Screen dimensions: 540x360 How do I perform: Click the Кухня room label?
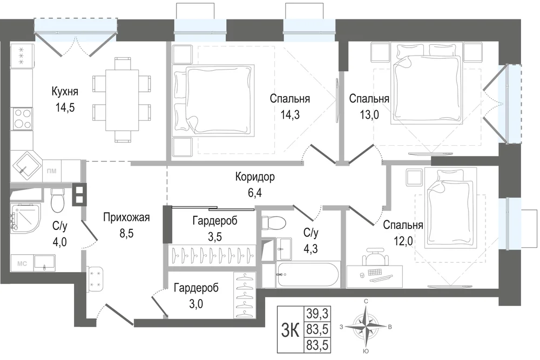point(65,92)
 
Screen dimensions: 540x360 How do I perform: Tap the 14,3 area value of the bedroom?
point(289,114)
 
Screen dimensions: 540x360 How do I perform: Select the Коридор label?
point(255,177)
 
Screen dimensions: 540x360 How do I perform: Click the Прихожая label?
point(126,218)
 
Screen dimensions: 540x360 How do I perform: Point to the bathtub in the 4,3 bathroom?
point(308,275)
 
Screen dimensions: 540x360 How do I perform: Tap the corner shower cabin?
point(25,218)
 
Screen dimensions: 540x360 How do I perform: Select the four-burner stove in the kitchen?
point(22,118)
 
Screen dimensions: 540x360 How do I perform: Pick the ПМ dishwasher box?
point(52,171)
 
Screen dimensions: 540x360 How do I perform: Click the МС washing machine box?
point(22,263)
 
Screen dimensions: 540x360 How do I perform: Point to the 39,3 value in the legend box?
point(317,314)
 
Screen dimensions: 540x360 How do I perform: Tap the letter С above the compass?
point(366,302)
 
